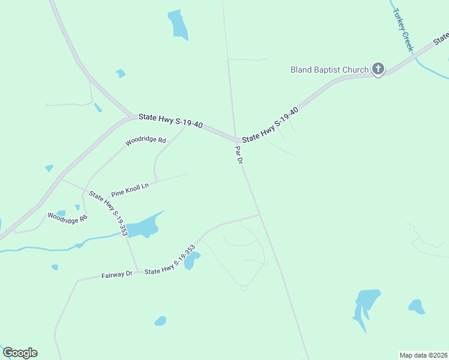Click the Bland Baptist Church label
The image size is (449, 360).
329,70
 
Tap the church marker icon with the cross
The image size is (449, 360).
378,69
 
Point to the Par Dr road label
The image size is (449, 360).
238,155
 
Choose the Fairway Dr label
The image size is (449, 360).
116,275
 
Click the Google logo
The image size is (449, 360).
20,353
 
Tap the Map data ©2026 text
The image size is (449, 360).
423,355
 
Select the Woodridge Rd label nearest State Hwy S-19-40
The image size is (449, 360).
145,141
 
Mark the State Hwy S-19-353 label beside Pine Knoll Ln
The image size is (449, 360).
108,212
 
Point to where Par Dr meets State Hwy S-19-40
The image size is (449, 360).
236,139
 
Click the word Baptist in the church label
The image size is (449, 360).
335,70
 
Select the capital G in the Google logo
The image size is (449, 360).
8,353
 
